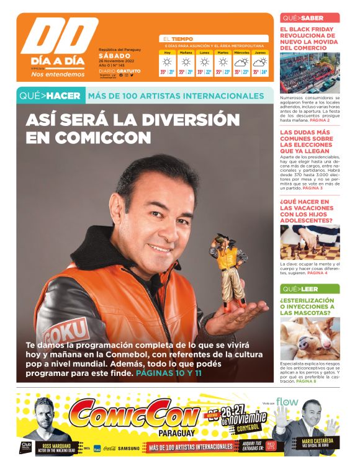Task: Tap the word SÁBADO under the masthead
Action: click(x=114, y=56)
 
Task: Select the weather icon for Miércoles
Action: click(x=241, y=62)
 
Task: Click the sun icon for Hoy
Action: click(x=167, y=62)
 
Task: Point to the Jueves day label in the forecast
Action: click(x=260, y=53)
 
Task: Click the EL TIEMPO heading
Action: click(x=178, y=38)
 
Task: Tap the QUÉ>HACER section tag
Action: click(x=50, y=96)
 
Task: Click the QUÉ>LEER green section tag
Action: click(x=300, y=289)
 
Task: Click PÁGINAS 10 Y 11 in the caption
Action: click(x=169, y=374)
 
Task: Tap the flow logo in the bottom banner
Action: click(x=287, y=403)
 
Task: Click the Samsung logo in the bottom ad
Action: click(x=128, y=448)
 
